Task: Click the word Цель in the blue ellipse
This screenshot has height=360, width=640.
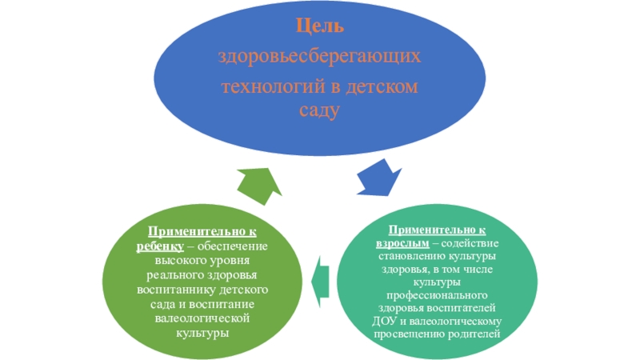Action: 320,27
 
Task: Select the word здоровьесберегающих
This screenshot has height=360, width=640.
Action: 320,57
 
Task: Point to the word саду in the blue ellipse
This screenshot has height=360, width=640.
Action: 320,110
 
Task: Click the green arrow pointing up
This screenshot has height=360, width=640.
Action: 259,186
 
